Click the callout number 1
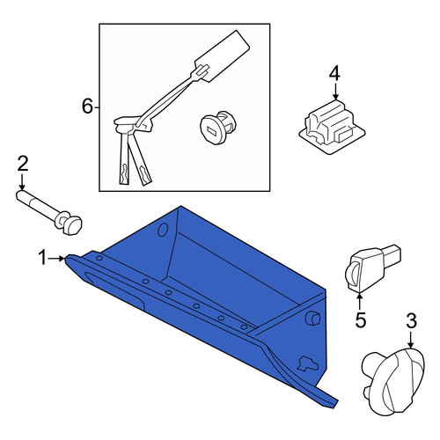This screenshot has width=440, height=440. (43, 258)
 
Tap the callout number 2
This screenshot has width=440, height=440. (23, 164)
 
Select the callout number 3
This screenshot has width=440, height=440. (411, 320)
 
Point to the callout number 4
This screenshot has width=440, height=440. (334, 73)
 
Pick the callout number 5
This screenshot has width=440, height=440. (361, 319)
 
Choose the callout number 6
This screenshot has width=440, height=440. (87, 106)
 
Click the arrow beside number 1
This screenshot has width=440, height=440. (57, 259)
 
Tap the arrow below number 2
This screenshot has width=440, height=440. (22, 182)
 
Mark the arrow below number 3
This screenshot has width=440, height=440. (411, 340)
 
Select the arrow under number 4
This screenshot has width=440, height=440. (336, 92)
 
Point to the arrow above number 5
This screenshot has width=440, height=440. (360, 301)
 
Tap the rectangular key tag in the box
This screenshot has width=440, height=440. (223, 55)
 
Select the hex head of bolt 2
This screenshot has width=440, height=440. (72, 225)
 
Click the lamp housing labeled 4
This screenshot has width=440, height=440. (332, 127)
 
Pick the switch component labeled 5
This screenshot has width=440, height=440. (370, 268)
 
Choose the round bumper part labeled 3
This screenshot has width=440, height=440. (393, 382)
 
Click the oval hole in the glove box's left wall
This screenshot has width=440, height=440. (163, 230)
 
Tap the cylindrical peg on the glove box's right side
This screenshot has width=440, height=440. (312, 319)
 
